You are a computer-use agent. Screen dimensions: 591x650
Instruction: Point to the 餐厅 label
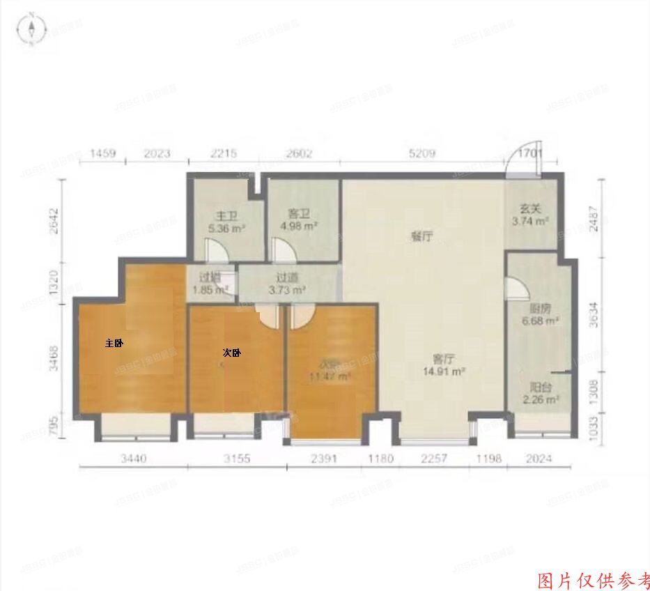[421, 236]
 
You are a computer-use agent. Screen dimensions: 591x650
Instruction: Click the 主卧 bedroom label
[114, 343]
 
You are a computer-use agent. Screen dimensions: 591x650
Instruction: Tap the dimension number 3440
[135, 459]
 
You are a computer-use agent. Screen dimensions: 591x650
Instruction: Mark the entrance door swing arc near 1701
[516, 161]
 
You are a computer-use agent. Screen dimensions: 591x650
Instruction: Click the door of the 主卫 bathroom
[214, 250]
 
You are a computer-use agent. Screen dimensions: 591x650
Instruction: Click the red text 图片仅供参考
[594, 580]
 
